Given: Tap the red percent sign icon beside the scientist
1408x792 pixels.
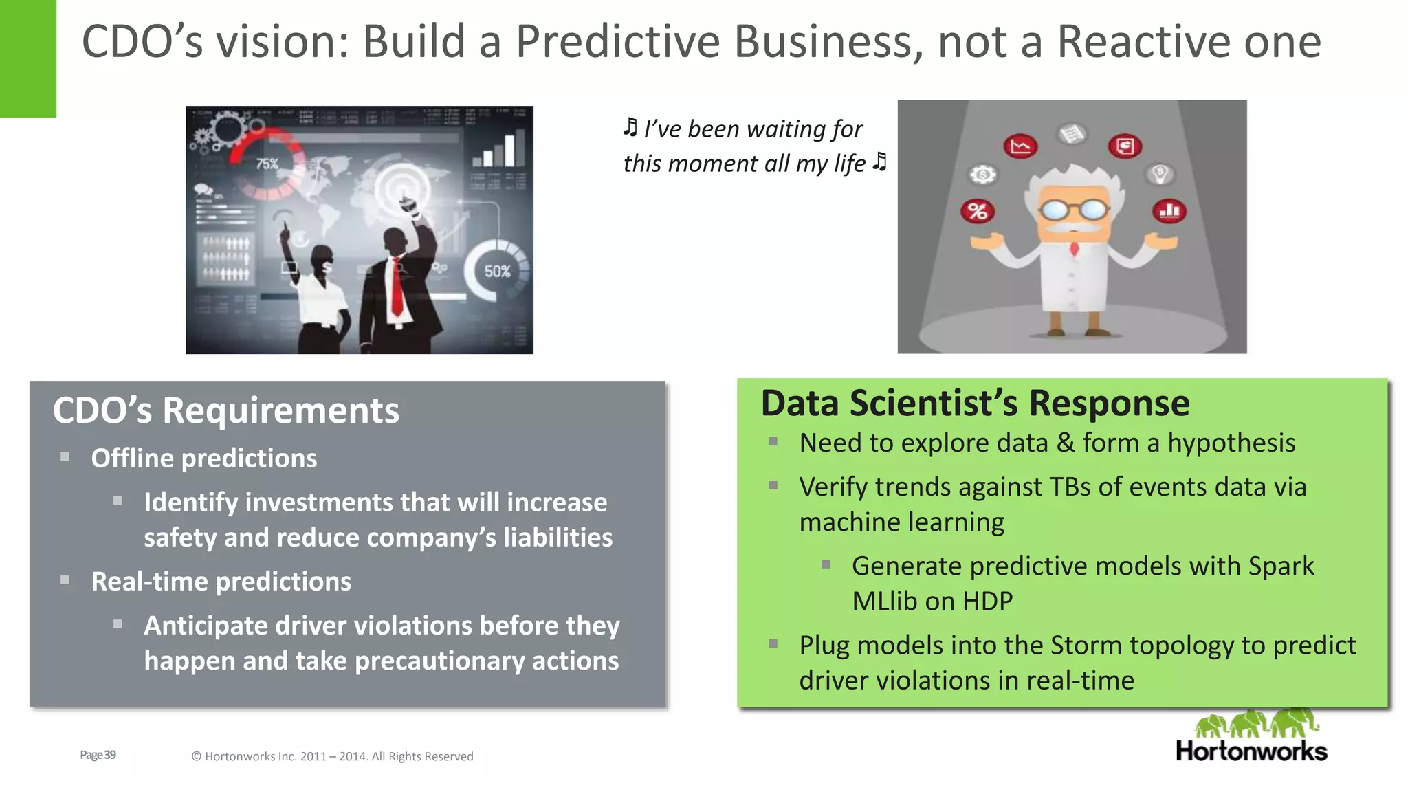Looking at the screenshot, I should point(978,211).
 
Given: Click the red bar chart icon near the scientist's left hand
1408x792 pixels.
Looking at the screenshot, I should point(1169,210).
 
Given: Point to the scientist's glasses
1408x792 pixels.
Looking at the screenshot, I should point(1073,209).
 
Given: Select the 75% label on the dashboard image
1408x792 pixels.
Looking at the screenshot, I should point(267,164).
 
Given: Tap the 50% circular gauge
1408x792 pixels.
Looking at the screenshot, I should point(497,271).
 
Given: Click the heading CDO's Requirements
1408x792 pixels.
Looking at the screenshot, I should point(225,410).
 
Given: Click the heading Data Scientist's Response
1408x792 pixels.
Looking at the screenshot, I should point(975,403).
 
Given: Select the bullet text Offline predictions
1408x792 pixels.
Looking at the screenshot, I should point(204,459).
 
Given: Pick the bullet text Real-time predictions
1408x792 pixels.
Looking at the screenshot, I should point(221,582).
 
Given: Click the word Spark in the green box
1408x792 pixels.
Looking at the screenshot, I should point(1281,566).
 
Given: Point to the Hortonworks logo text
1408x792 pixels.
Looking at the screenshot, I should point(1251,751).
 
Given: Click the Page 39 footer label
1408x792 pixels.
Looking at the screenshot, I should point(98,755).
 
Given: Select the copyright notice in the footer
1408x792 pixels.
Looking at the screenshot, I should point(332,756).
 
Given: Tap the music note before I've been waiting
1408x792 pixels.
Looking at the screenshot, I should point(630,127).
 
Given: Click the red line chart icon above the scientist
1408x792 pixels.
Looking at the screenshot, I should point(1020,146).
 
